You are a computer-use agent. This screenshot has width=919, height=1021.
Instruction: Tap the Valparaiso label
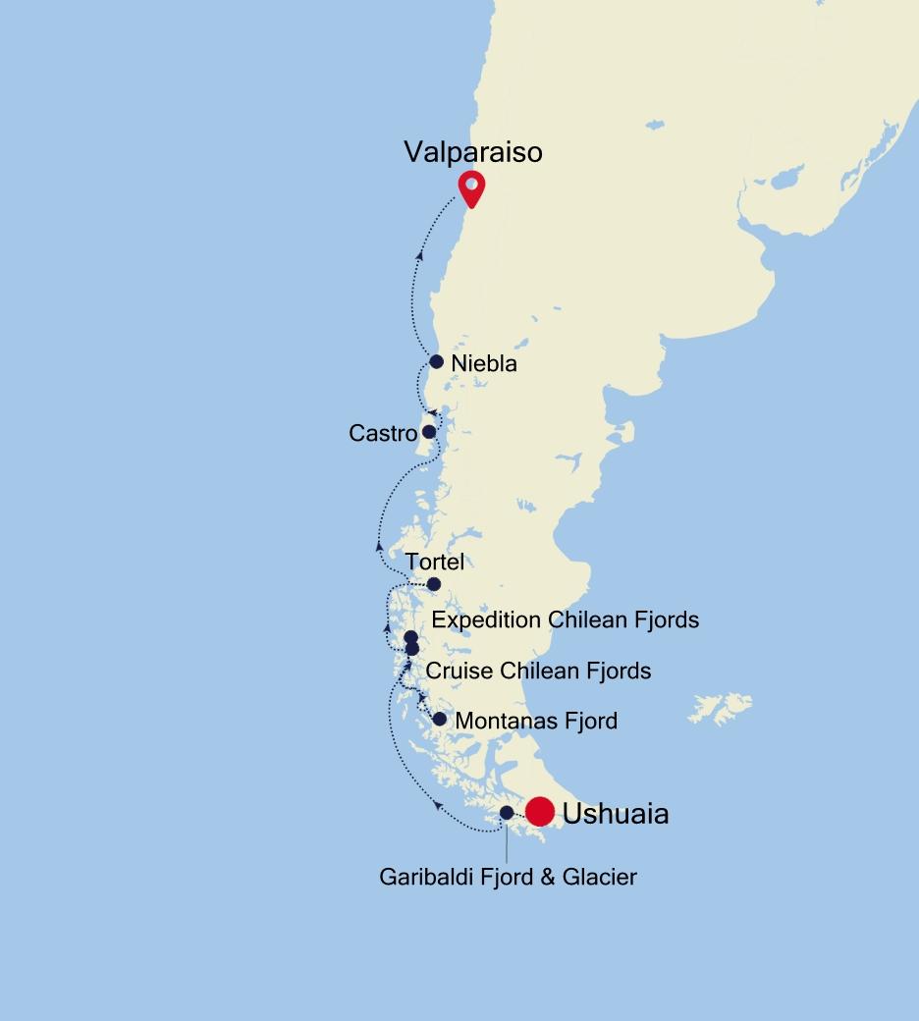click(x=472, y=152)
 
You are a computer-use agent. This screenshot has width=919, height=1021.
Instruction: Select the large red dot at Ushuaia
click(x=540, y=812)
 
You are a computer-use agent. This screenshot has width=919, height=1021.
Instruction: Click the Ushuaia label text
click(x=616, y=814)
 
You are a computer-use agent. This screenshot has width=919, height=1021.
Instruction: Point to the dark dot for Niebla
click(x=437, y=361)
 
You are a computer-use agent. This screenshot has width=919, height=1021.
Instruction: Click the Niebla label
click(x=484, y=364)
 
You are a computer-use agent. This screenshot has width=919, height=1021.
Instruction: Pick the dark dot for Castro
click(x=429, y=431)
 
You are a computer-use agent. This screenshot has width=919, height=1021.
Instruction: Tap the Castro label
click(x=383, y=433)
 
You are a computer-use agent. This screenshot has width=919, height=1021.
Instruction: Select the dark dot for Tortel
click(x=434, y=584)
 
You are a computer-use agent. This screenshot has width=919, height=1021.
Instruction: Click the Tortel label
click(x=434, y=563)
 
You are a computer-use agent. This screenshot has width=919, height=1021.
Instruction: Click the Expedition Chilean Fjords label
click(x=565, y=620)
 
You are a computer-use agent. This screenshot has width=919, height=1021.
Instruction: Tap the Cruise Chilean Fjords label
click(x=538, y=672)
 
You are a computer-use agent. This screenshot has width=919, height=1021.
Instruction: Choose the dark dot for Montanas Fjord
click(x=440, y=720)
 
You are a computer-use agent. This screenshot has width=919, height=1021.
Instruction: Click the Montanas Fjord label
click(x=536, y=722)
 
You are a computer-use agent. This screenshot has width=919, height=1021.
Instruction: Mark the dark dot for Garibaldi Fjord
click(x=507, y=813)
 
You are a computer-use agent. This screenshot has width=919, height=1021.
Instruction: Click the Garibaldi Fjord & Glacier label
click(x=508, y=877)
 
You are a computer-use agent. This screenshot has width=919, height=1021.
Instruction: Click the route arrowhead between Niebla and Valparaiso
click(x=420, y=255)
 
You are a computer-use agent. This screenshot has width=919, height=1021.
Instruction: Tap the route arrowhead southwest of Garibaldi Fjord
click(x=437, y=806)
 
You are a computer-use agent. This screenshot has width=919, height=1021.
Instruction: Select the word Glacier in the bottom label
click(x=598, y=877)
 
